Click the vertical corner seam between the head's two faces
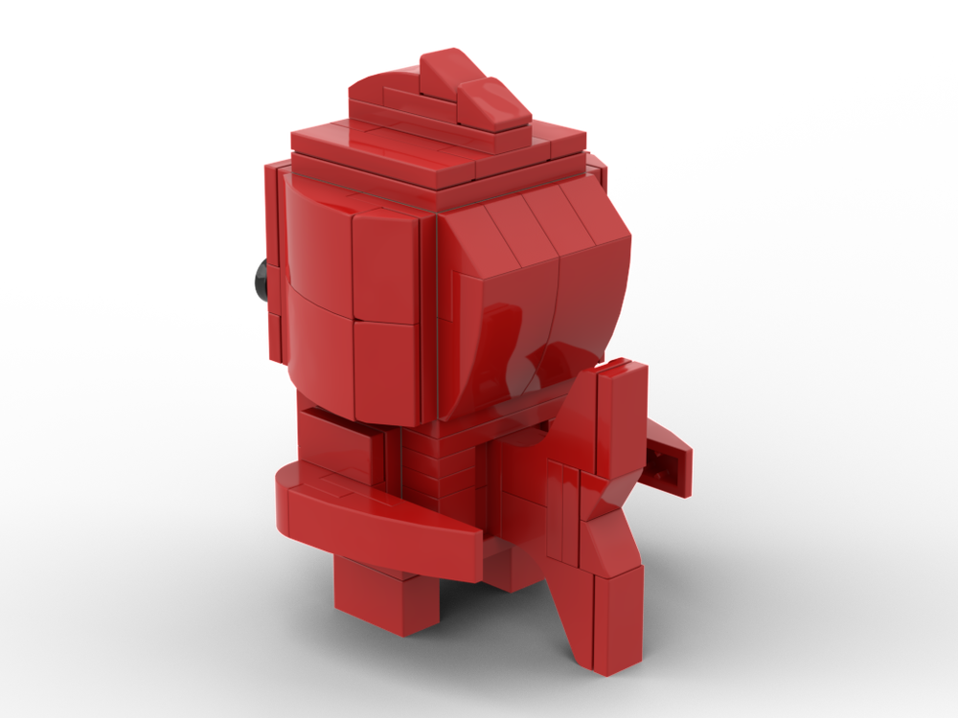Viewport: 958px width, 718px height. click(x=437, y=316)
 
